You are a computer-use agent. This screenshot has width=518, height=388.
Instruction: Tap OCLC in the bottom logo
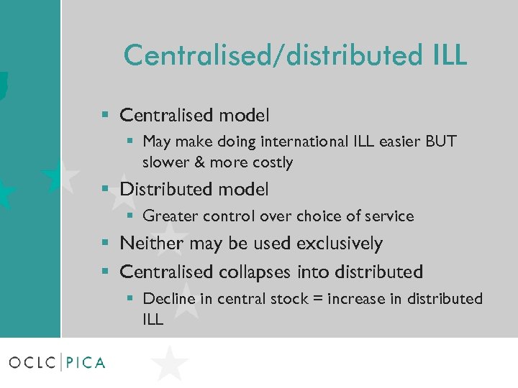[x=34, y=362]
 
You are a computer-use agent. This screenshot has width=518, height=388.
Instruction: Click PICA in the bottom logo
[x=86, y=362]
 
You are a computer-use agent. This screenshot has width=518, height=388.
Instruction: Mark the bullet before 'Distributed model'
[x=106, y=190]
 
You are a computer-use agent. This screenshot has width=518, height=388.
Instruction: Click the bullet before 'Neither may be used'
[x=106, y=244]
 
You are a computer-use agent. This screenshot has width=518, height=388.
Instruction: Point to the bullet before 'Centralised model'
[x=106, y=115]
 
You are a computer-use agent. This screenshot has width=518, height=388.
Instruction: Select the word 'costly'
[x=271, y=162]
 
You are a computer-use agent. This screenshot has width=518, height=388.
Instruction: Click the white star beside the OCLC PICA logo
[x=170, y=363]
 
